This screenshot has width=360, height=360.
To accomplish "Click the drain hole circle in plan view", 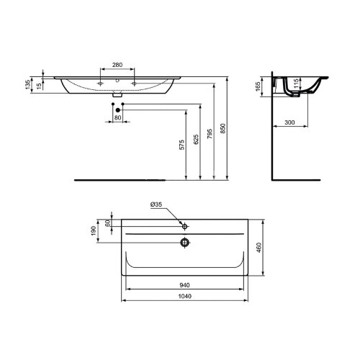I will click(185, 243).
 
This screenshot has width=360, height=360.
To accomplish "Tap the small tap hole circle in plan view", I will click(185, 226).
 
